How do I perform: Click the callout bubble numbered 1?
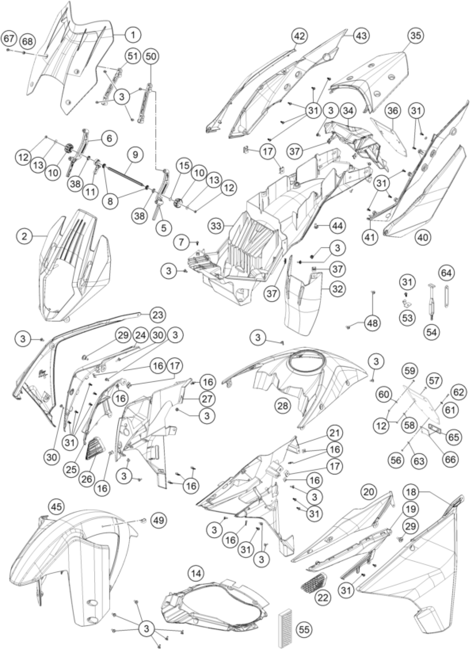tap(133, 35)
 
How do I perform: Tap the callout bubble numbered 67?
tap(9, 38)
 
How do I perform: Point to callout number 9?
tap(135, 155)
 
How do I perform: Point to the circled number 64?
tap(446, 273)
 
